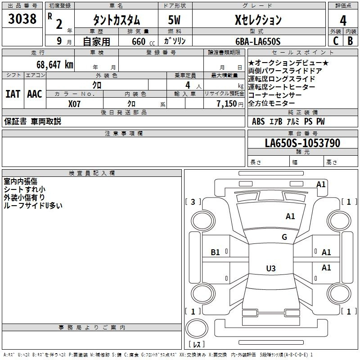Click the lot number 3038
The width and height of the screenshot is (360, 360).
22,19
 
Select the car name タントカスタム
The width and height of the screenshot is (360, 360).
116,20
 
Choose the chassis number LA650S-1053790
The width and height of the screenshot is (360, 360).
302,143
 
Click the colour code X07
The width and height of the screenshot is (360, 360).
75,104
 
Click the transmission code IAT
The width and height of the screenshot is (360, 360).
13,94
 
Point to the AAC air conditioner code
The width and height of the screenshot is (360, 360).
35,94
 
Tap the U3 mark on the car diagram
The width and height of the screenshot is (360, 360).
270,269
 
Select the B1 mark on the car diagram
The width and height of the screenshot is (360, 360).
216,252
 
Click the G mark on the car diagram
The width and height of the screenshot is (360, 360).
284,237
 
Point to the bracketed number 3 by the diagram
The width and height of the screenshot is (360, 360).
193,202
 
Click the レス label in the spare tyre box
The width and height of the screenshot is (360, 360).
197,344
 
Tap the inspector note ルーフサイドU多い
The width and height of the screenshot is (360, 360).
33,205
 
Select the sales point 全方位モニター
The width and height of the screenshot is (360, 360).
275,103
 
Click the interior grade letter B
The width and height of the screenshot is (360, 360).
350,41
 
